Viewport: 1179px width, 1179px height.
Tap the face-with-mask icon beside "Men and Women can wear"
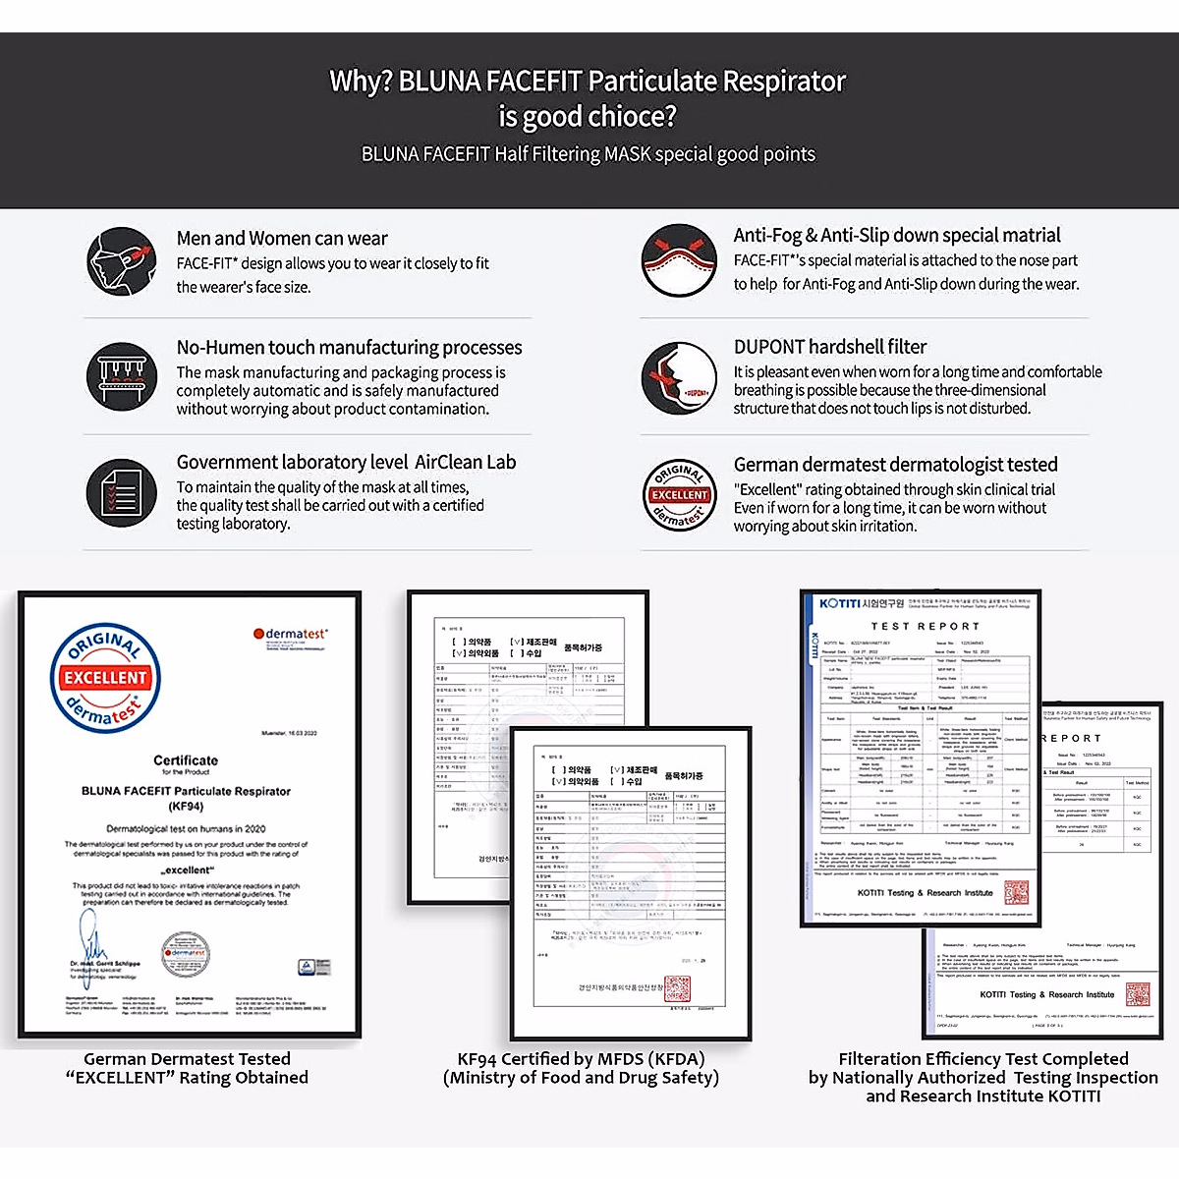[122, 262]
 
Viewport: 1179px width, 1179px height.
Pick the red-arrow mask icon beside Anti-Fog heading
[679, 260]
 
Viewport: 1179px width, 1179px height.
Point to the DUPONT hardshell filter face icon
[679, 379]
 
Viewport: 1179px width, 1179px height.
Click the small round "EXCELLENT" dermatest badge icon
[679, 494]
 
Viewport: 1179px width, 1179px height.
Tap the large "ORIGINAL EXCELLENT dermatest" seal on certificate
[105, 678]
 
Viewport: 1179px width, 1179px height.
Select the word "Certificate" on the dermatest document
[186, 760]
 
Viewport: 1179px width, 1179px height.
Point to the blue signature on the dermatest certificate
[92, 939]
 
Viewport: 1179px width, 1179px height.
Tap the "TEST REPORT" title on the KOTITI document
[925, 626]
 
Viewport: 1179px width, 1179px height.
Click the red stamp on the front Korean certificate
[677, 987]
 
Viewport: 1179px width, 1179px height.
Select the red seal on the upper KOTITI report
[1016, 892]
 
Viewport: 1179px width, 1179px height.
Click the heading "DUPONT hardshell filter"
[830, 347]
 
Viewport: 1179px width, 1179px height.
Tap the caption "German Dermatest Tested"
[187, 1059]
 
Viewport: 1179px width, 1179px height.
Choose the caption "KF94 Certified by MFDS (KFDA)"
[582, 1059]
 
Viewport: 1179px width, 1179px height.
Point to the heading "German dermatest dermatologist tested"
[895, 465]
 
